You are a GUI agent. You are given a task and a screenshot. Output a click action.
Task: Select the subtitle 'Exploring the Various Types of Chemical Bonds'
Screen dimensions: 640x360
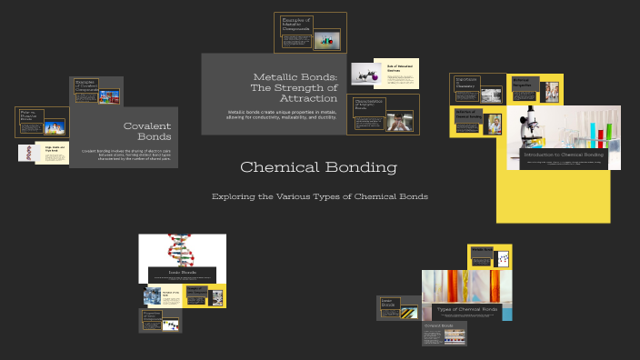(x=319, y=196)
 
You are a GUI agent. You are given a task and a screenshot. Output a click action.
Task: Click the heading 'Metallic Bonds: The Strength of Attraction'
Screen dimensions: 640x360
(x=295, y=87)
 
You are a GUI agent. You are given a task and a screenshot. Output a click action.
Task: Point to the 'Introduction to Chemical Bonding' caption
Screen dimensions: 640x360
(x=564, y=155)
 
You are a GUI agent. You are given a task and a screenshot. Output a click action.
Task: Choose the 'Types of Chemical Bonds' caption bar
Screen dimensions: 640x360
(x=466, y=309)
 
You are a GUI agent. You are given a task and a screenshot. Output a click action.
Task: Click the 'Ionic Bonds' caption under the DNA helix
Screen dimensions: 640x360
(x=182, y=272)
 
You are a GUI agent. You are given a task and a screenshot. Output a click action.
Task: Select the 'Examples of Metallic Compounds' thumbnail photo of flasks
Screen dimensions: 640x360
(x=326, y=39)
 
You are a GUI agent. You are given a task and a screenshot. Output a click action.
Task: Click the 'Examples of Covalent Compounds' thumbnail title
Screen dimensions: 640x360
(x=85, y=86)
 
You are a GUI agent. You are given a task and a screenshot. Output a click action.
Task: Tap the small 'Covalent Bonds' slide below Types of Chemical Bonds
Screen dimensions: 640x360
(x=445, y=333)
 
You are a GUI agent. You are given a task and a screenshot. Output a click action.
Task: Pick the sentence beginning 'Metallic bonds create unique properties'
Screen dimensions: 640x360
(x=282, y=115)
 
